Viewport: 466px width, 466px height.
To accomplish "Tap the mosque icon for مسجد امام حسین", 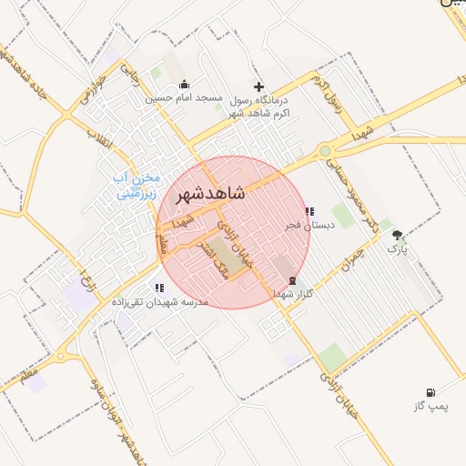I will pyautogui.click(x=184, y=85).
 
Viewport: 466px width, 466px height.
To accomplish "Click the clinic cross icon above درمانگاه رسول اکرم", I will pyautogui.click(x=259, y=86).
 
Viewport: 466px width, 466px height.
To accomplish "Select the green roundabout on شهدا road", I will pyautogui.click(x=325, y=151).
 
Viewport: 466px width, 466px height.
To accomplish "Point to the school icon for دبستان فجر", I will pyautogui.click(x=309, y=211).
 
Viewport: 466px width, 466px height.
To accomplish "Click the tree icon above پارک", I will pyautogui.click(x=398, y=234).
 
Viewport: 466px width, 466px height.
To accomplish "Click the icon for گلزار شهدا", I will pyautogui.click(x=292, y=280).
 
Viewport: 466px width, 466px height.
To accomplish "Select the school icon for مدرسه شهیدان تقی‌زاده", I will pyautogui.click(x=159, y=288).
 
